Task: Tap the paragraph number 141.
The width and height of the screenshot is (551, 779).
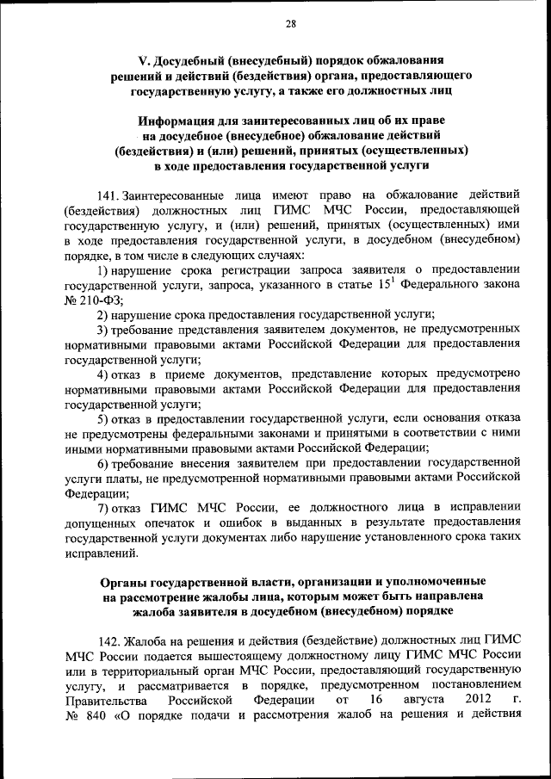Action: (110, 195)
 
